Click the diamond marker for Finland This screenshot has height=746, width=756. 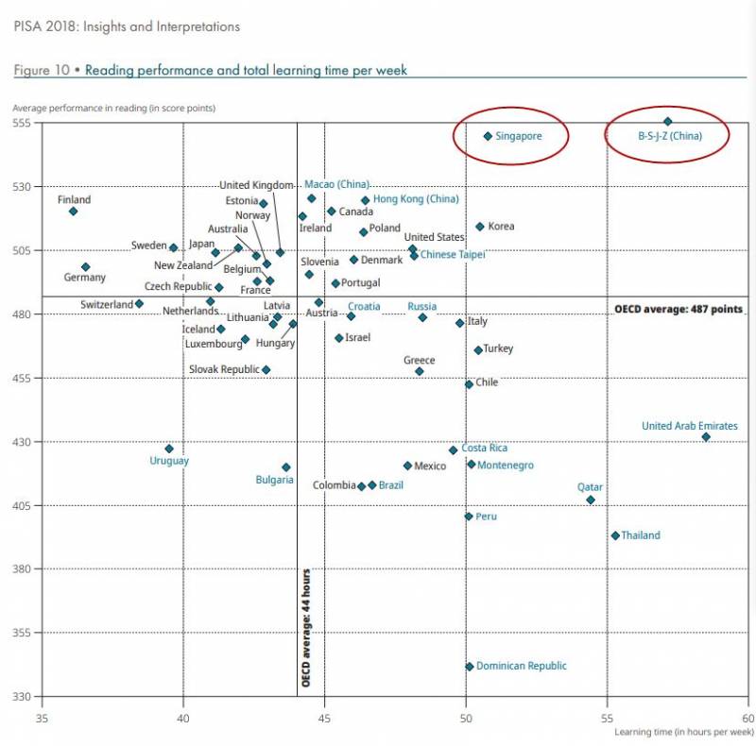point(73,211)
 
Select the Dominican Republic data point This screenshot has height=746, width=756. point(470,667)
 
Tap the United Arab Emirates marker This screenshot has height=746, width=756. point(706,436)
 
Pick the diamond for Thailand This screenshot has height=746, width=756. point(615,535)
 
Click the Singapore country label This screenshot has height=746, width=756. point(518,136)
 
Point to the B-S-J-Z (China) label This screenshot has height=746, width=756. point(670,136)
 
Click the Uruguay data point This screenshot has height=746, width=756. point(169,449)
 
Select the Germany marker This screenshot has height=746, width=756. point(85,267)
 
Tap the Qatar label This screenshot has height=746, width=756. point(590,487)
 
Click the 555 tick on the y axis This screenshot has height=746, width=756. point(23,123)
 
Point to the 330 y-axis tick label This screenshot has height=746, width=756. point(23,697)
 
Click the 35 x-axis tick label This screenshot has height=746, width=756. point(42,717)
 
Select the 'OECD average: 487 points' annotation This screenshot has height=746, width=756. point(679,309)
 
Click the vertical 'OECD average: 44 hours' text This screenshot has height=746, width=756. point(306,627)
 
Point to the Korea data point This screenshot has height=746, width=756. point(480,227)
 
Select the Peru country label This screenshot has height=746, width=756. point(486,517)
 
